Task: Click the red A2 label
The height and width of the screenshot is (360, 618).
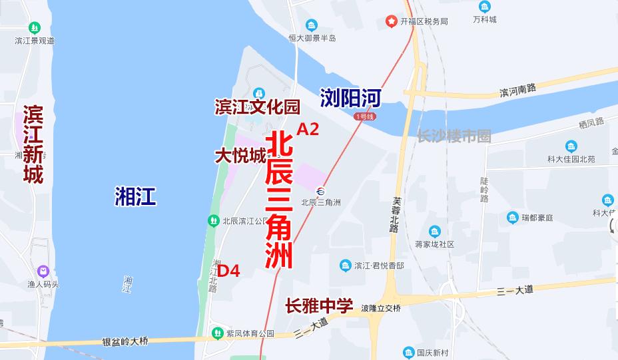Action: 308,130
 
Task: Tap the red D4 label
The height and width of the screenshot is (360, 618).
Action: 228,271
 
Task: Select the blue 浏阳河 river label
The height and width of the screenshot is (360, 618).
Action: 350,98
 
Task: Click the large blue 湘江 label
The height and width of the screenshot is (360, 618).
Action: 135,196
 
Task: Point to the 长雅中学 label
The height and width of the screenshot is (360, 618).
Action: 319,306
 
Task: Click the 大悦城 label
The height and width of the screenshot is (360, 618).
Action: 240,156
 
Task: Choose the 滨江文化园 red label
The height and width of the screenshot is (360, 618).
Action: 257,106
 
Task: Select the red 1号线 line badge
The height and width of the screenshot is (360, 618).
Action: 365,116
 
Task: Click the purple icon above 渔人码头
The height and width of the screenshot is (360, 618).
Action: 43,271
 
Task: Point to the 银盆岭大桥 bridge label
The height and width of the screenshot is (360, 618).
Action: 126,341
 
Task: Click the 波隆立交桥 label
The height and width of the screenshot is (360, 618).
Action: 380,308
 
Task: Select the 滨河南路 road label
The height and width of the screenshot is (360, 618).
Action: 517,89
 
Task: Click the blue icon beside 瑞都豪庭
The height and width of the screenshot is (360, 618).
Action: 512,217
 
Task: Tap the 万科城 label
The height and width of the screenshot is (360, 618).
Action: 484,19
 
